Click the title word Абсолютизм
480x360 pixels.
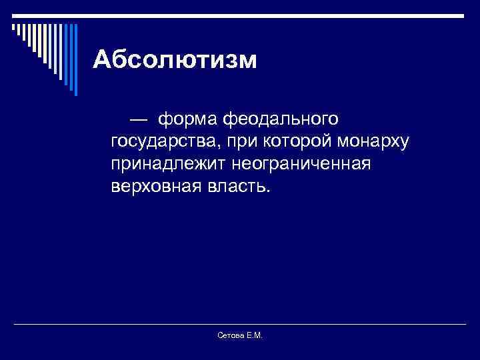pyautogui.click(x=175, y=60)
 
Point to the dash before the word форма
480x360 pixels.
pyautogui.click(x=140, y=119)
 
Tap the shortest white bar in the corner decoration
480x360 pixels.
pyautogui.click(x=13, y=27)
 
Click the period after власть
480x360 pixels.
pyautogui.click(x=269, y=191)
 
